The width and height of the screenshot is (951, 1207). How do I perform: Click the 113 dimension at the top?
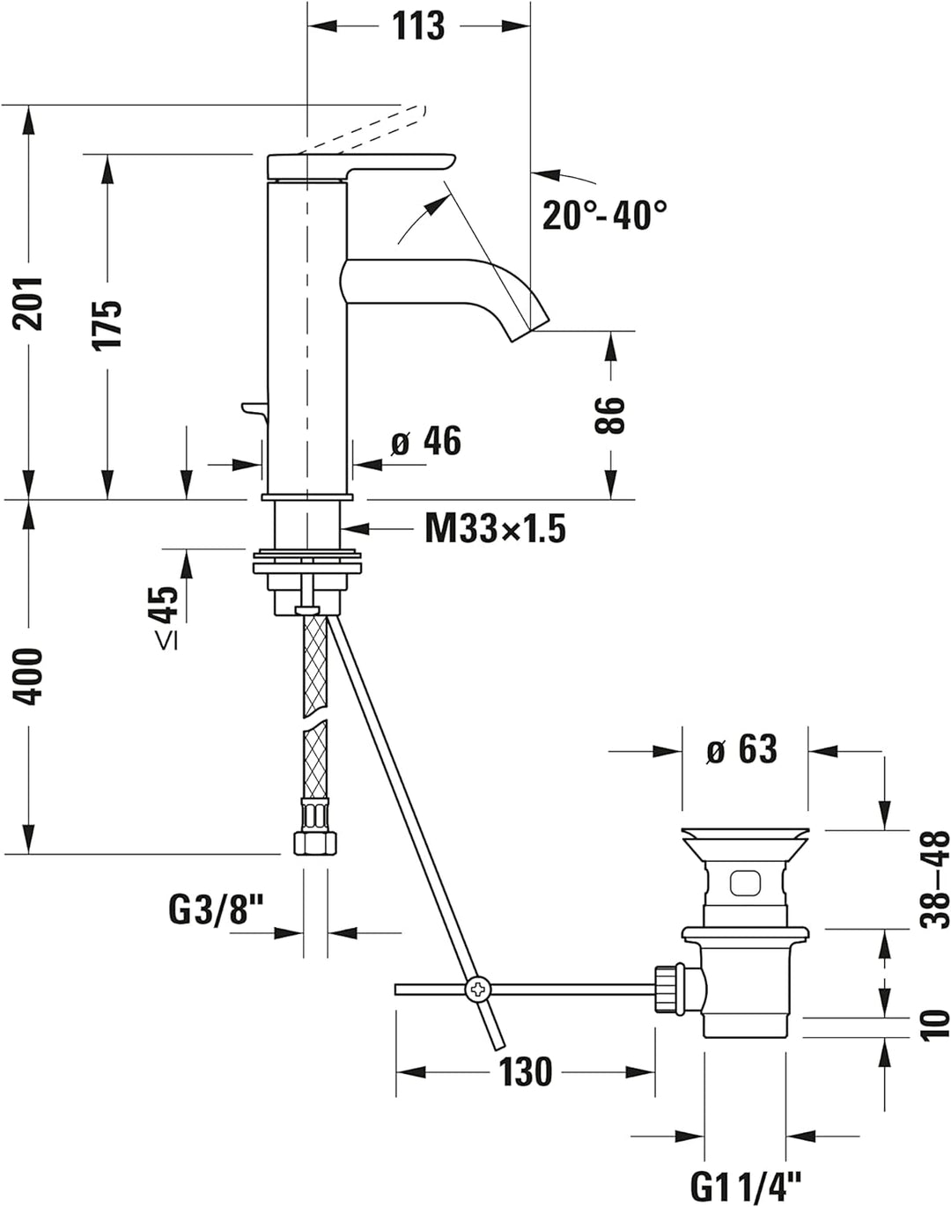418,26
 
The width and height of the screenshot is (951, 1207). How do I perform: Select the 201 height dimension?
31,302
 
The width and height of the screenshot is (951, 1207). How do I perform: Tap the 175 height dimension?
108,324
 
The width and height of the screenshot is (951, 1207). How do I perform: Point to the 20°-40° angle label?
604,215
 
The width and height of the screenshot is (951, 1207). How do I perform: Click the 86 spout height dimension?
609,415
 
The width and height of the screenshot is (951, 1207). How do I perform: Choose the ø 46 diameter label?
426,441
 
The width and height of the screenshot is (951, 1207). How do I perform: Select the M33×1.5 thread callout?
495,529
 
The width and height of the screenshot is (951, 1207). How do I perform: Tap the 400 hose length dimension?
31,675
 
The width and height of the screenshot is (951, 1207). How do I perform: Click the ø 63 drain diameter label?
742,750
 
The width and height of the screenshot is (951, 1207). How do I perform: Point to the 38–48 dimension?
934,879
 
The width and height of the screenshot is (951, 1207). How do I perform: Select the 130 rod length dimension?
526,1072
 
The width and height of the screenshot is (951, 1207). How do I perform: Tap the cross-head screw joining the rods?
477,989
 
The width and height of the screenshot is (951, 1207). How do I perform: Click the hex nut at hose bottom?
314,842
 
